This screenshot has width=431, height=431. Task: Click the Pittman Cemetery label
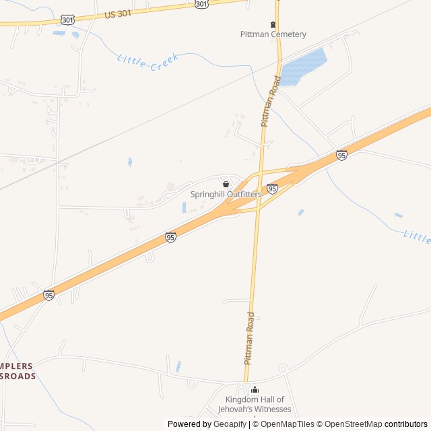click(273, 34)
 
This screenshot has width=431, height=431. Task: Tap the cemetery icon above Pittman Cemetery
click(273, 25)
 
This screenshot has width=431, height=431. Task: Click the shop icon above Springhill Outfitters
click(226, 184)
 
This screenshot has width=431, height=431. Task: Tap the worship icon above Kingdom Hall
click(255, 390)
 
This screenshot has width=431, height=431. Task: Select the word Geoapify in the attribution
click(230, 424)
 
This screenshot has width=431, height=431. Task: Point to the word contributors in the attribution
click(406, 424)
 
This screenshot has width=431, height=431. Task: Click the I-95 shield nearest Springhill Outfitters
click(272, 189)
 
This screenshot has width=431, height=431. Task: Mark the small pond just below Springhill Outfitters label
click(184, 207)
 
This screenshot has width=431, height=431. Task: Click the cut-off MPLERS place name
click(16, 366)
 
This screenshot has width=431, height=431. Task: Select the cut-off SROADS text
click(18, 376)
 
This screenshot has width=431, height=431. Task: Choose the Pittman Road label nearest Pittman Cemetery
click(270, 100)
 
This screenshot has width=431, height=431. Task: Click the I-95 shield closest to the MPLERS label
click(48, 295)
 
